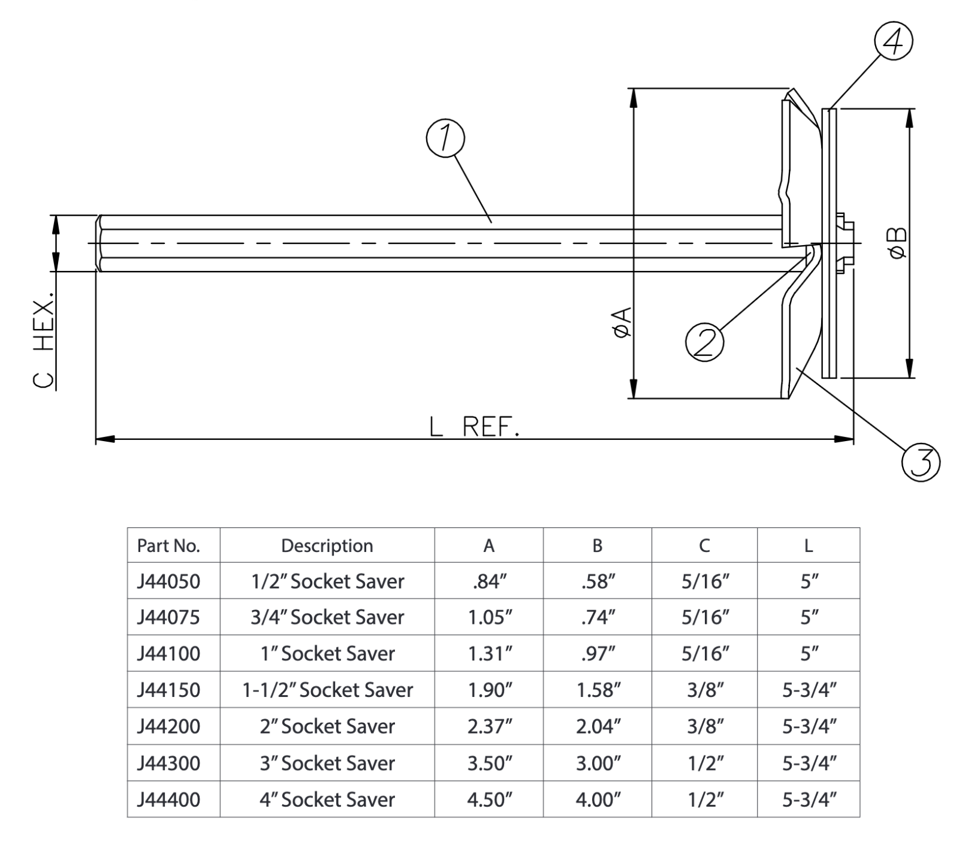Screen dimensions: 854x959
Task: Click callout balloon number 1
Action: point(445,138)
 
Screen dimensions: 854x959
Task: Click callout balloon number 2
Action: point(704,342)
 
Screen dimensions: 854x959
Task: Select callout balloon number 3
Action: point(921,462)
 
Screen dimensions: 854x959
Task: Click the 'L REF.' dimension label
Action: point(474,427)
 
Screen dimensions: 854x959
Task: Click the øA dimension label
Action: point(622,322)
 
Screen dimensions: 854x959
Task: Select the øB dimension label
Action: point(898,243)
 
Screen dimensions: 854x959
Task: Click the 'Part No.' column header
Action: point(168,546)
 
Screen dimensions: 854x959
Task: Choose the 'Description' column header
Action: point(327,546)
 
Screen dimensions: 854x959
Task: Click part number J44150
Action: point(168,690)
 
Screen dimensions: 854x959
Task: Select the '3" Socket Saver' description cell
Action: point(327,763)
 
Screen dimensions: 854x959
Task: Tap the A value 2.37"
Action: point(490,726)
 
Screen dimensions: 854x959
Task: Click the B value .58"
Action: point(598,581)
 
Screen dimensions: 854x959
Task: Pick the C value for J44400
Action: point(705,799)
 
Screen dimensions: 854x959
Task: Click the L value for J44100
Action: point(809,653)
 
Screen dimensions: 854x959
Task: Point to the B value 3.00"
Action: point(598,763)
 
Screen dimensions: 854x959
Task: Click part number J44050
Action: point(168,581)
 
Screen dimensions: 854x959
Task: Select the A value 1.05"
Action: point(490,617)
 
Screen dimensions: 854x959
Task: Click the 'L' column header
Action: point(809,546)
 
